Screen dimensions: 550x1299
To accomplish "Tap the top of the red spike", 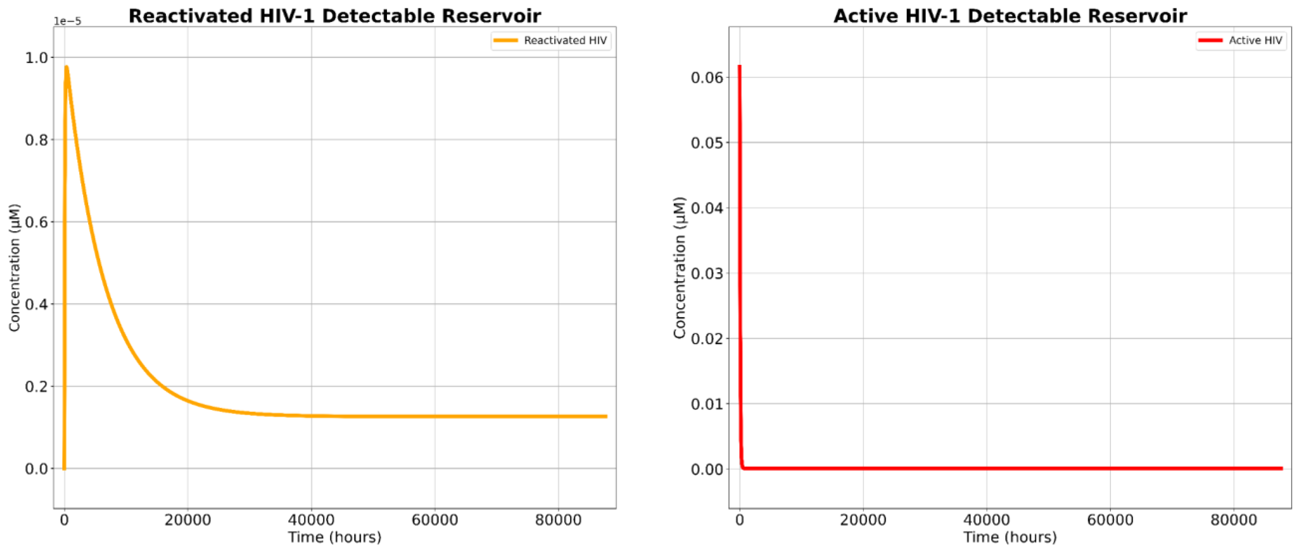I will (x=739, y=66).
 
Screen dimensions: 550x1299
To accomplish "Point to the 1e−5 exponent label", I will (x=68, y=21).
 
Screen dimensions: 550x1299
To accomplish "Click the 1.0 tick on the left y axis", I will (x=37, y=57).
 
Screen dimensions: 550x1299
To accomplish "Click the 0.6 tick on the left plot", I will (x=37, y=222).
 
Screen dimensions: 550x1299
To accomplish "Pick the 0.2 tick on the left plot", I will (x=37, y=386).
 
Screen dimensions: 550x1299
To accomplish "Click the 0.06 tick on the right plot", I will (x=707, y=77).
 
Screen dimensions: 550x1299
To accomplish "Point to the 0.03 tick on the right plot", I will (x=707, y=273).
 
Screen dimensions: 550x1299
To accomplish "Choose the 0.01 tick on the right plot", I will (x=707, y=404).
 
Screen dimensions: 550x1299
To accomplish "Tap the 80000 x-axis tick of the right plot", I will (x=1233, y=520).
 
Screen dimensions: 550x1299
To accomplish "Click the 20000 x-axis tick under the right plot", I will (x=863, y=520).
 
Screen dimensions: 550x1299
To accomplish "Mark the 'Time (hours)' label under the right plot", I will (x=1010, y=537).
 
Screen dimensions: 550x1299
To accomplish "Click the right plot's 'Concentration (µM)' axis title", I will (x=679, y=267).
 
